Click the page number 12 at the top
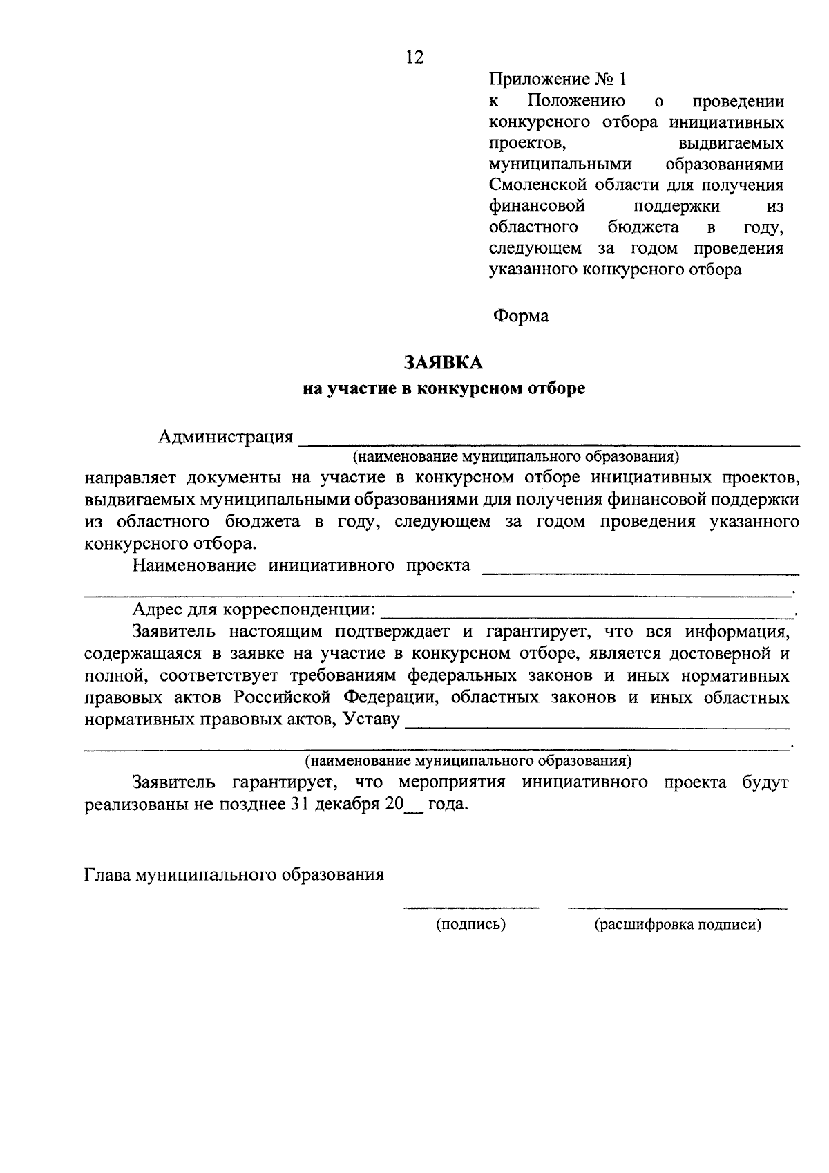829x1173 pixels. pyautogui.click(x=414, y=57)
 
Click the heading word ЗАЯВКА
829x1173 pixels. pyautogui.click(x=444, y=362)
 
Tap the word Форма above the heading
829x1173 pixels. pyautogui.click(x=520, y=316)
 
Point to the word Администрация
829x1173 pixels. pyautogui.click(x=225, y=437)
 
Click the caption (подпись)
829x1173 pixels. pyautogui.click(x=470, y=924)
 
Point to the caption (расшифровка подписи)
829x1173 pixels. pyautogui.click(x=678, y=924)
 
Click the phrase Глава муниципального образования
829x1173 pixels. pyautogui.click(x=234, y=874)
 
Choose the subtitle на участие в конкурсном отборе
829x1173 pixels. pyautogui.click(x=444, y=388)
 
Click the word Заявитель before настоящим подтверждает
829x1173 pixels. pyautogui.click(x=173, y=631)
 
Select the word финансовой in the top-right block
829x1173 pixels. pyautogui.click(x=537, y=206)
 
